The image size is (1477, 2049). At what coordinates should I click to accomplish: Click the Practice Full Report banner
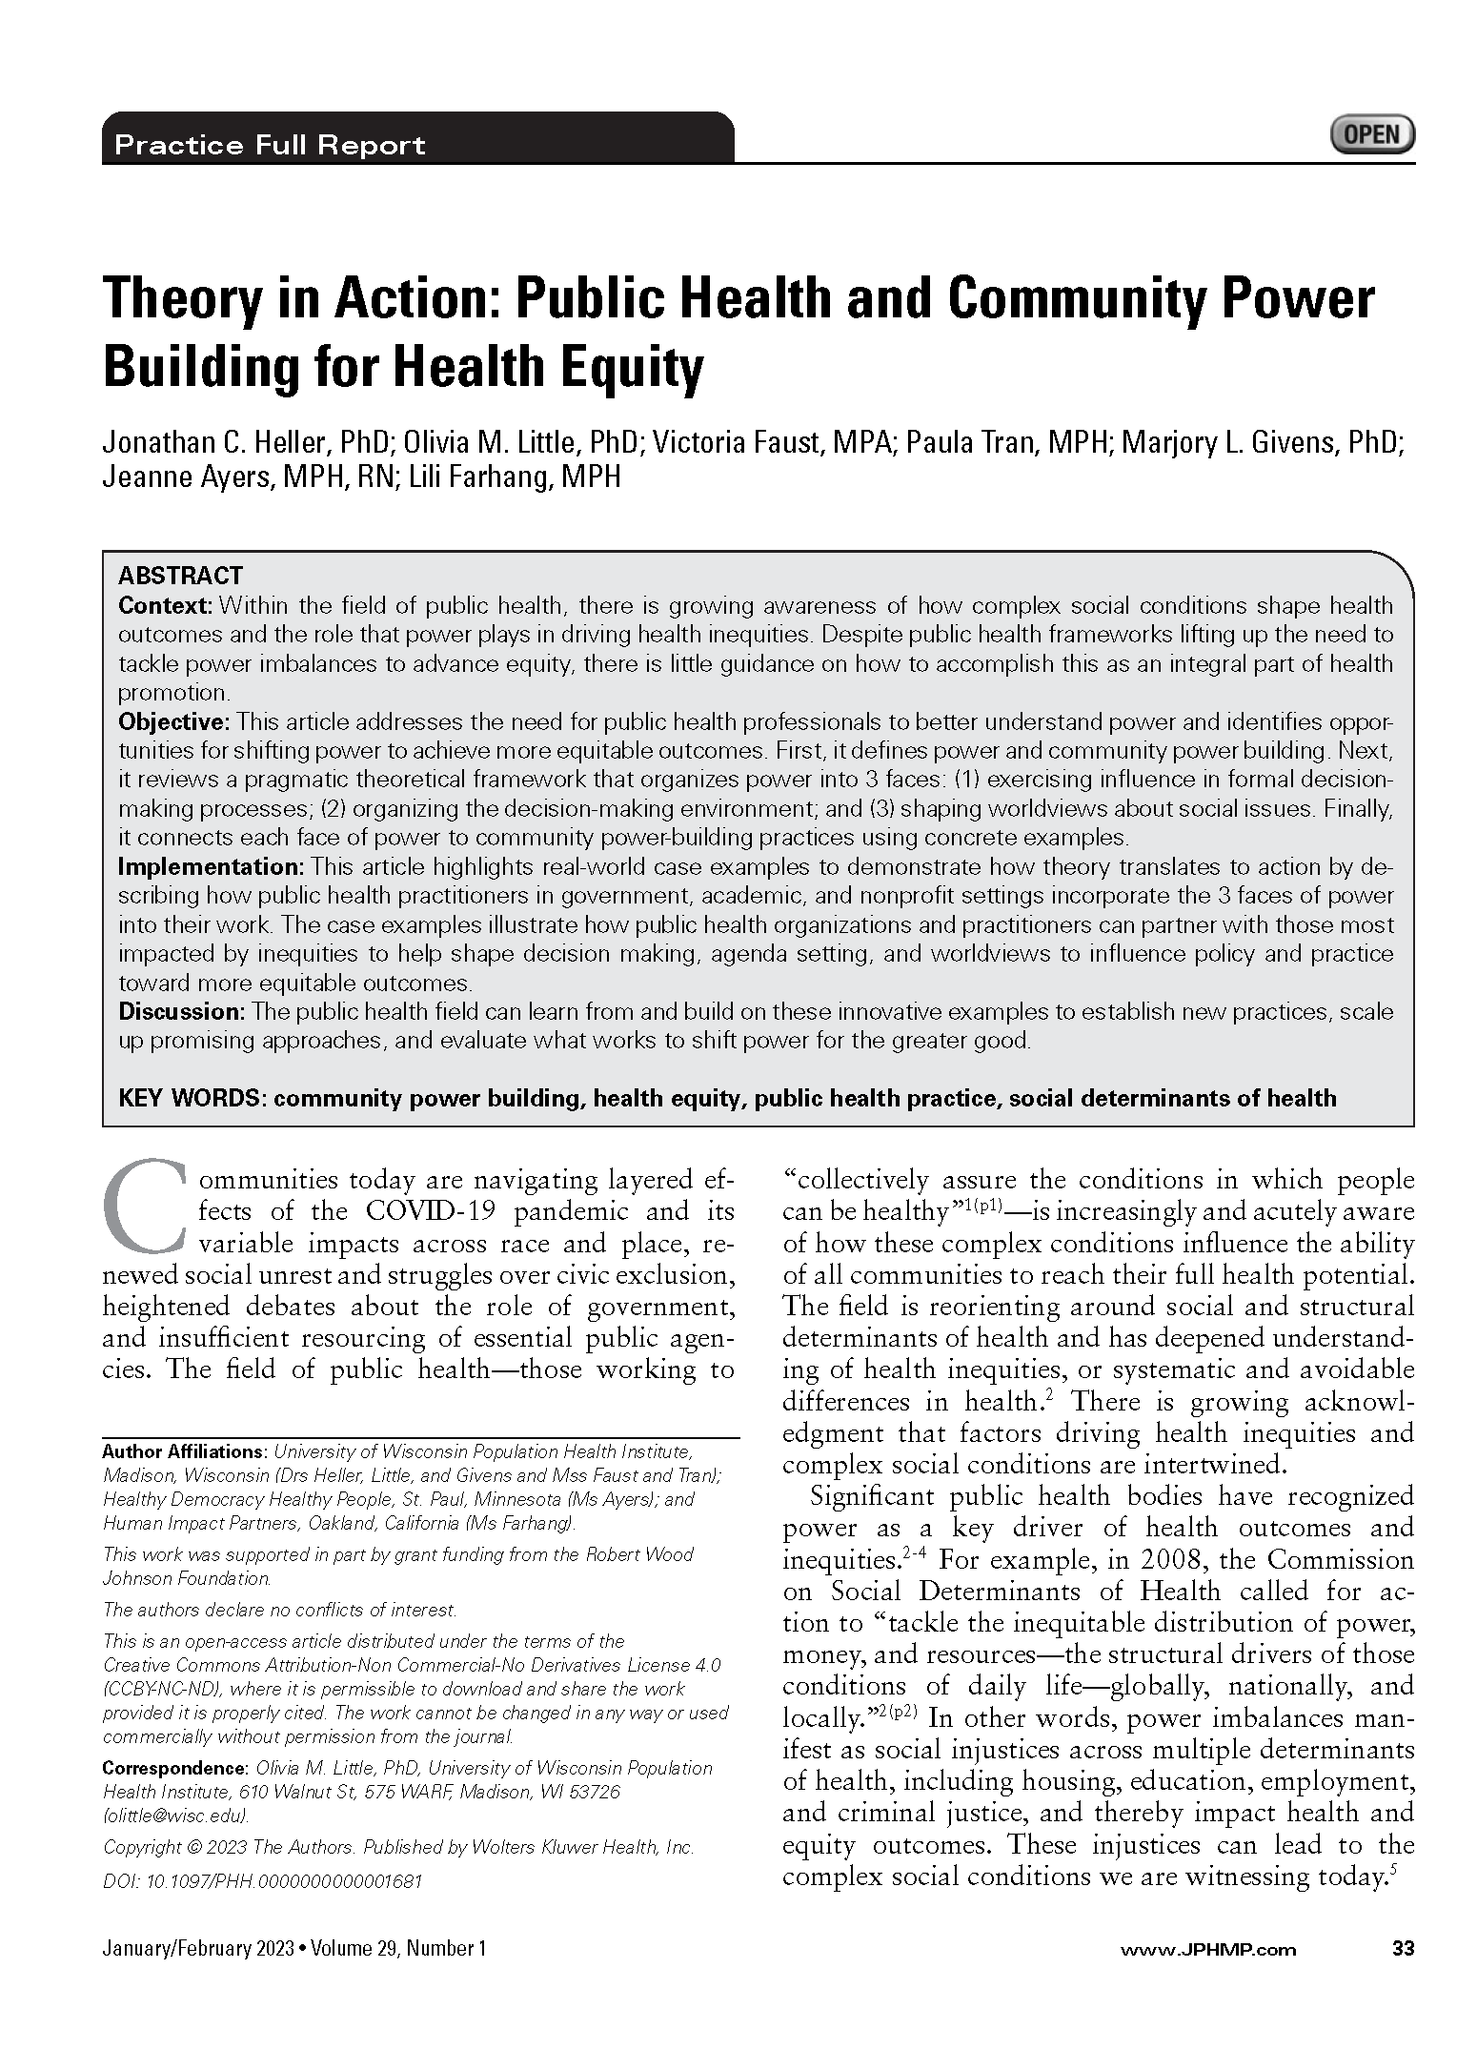tap(270, 146)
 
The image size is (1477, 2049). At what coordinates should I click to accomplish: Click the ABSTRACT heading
tap(180, 576)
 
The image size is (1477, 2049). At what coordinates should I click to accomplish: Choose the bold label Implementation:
tap(210, 866)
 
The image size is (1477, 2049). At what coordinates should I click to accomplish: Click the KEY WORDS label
tap(191, 1098)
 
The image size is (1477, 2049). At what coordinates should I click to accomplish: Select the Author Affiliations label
tap(184, 1452)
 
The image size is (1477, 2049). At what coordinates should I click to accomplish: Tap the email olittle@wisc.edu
tap(176, 1816)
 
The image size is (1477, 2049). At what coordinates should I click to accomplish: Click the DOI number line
tap(262, 1880)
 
